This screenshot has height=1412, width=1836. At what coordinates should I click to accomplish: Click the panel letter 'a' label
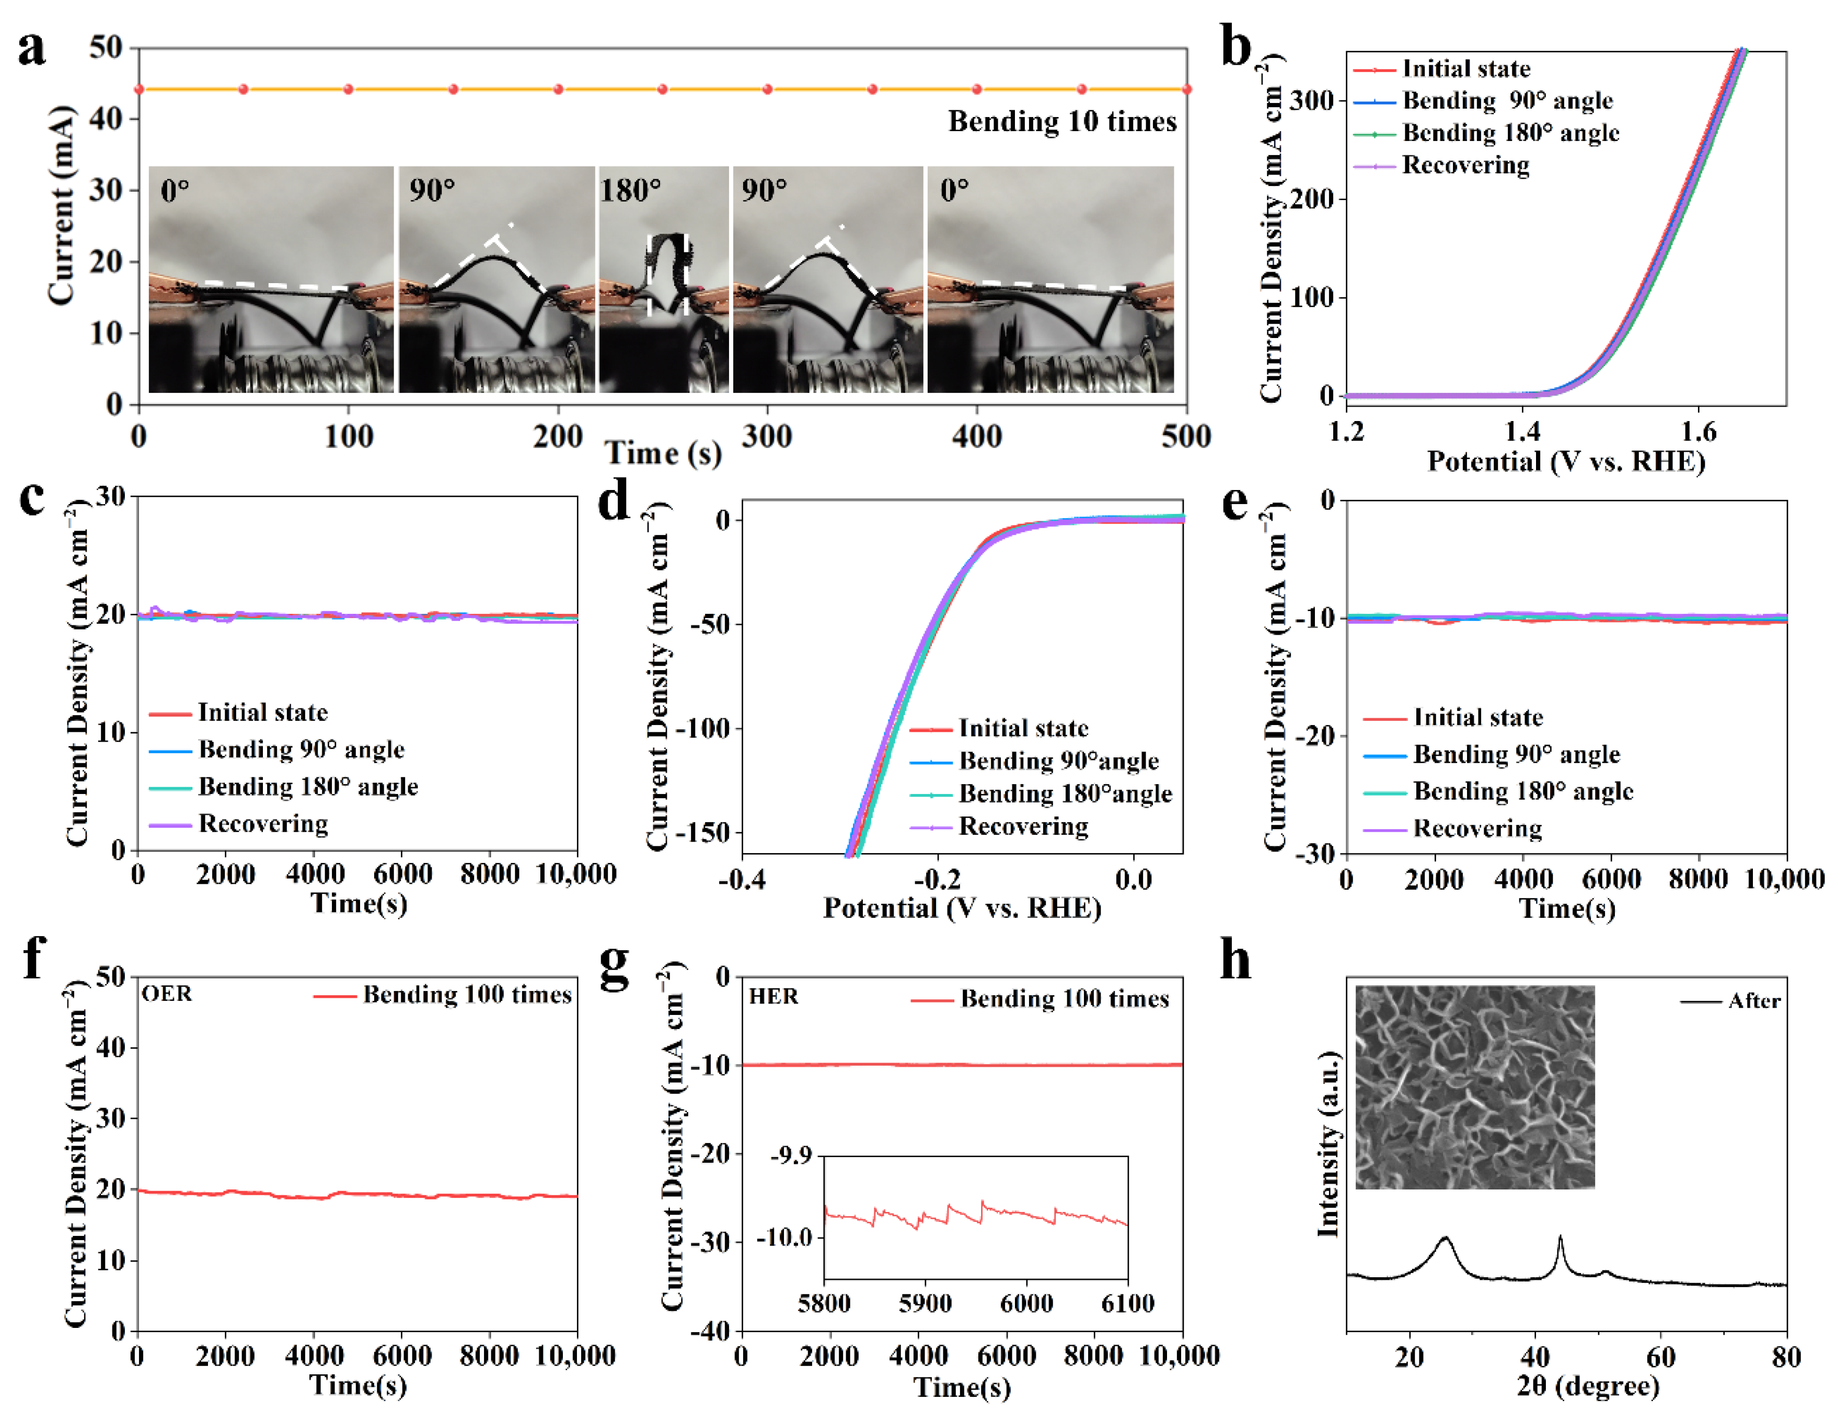pyautogui.click(x=32, y=49)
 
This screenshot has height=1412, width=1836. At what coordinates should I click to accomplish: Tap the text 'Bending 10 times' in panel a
pyautogui.click(x=1062, y=122)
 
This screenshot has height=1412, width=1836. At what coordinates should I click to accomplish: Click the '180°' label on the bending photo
pyautogui.click(x=630, y=191)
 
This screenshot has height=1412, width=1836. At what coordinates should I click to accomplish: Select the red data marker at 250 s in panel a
pyautogui.click(x=663, y=89)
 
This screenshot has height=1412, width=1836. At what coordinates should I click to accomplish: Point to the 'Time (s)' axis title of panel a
pyautogui.click(x=663, y=454)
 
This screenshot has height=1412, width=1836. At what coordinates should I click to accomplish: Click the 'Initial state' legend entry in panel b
pyautogui.click(x=1465, y=69)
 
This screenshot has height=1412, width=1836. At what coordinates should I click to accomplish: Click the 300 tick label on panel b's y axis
pyautogui.click(x=1312, y=101)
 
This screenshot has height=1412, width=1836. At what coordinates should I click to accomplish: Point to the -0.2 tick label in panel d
pyautogui.click(x=937, y=880)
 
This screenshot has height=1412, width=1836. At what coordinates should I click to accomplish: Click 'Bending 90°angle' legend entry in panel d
pyautogui.click(x=1058, y=762)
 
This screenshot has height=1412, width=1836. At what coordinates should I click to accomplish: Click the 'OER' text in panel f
pyautogui.click(x=166, y=994)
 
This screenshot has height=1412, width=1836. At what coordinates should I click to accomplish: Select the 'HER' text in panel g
pyautogui.click(x=773, y=997)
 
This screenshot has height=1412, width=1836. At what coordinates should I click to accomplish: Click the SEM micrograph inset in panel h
pyautogui.click(x=1474, y=1087)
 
